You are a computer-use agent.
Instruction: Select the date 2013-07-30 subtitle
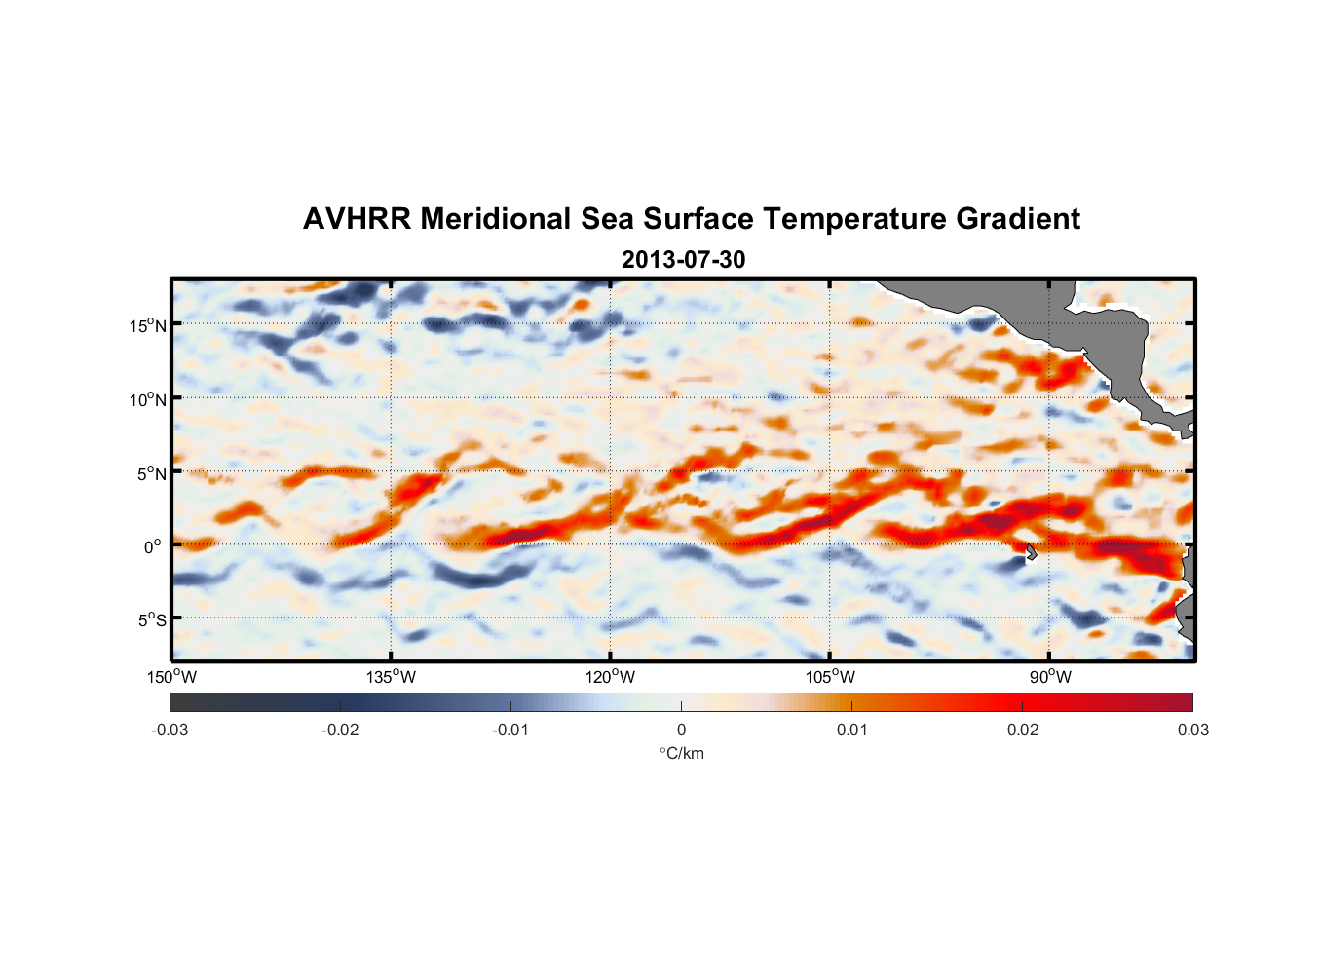coord(683,260)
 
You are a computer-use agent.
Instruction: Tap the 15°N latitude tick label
coord(148,325)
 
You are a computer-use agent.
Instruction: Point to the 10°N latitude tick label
coord(148,399)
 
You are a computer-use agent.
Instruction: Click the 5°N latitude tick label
coord(152,473)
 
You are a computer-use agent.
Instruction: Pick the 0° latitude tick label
coord(153,546)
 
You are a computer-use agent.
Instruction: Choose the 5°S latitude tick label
coord(152,619)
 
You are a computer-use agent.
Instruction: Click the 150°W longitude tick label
coord(171,677)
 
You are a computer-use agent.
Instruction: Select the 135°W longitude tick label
coord(391,677)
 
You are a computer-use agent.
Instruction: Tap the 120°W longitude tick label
coord(610,677)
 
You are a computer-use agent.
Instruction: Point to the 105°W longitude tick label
coord(830,677)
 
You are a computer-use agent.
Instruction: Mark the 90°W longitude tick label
coord(1050,677)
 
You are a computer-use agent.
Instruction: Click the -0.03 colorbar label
coord(170,730)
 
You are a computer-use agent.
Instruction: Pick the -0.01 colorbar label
coord(510,730)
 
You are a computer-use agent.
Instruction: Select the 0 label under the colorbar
coord(681,730)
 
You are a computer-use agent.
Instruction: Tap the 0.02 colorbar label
coord(1023,730)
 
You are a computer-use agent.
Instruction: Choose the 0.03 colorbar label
coord(1192,730)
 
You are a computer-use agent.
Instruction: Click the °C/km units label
coord(681,753)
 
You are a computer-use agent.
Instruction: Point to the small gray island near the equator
coord(1031,551)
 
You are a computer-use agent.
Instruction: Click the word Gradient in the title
coord(1018,219)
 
